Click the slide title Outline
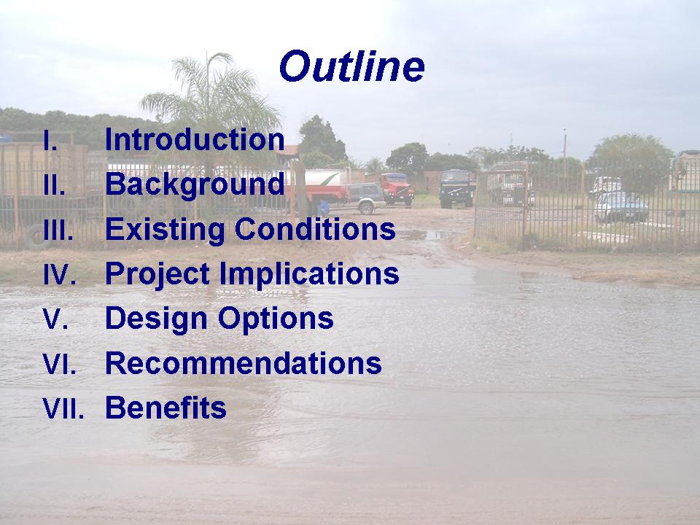coord(352,66)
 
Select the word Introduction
coord(195,139)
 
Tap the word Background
coord(195,184)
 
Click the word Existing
coord(165,230)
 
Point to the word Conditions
coord(315,229)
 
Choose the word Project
coord(157,273)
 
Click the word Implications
coord(309,273)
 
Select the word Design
coord(156,319)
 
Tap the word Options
coord(276,319)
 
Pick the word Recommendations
coord(244,363)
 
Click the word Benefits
coord(166,407)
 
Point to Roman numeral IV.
coord(59,274)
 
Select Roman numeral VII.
coord(63,408)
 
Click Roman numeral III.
coord(58,230)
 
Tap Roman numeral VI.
coord(59,363)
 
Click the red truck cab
coord(397,189)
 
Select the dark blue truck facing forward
coord(457,188)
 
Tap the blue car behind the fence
coord(621,206)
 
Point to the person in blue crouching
coord(323,208)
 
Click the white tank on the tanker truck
coord(323,177)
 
